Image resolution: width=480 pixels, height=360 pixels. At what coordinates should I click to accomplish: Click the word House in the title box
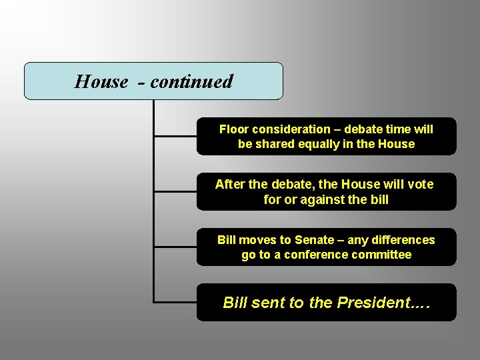point(101,81)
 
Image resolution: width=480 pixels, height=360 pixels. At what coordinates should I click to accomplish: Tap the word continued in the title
point(191,81)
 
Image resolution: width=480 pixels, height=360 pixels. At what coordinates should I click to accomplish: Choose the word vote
point(419,184)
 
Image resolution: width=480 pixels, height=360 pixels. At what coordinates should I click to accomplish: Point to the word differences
point(402,240)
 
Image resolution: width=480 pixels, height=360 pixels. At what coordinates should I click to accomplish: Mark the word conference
point(316,255)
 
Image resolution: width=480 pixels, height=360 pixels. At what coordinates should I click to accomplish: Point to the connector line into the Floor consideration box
point(175,136)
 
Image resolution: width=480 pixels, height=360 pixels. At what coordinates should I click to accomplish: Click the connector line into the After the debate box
point(175,191)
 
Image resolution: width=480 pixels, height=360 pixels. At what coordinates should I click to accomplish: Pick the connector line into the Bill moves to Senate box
point(175,247)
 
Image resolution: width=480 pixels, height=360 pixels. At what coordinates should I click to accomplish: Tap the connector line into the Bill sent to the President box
point(175,302)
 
